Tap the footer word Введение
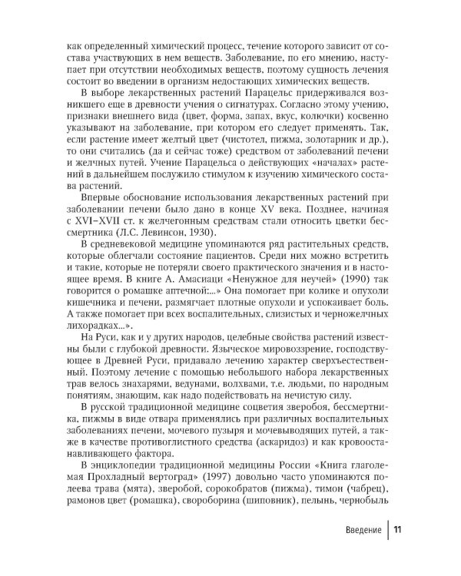click(358, 530)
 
